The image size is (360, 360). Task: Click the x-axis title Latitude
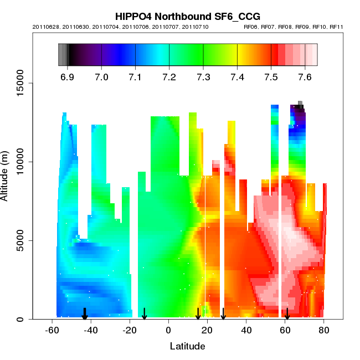[x=187, y=347]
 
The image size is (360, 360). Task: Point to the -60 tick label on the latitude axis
[x=52, y=331]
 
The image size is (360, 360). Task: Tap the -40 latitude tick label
[x=91, y=331]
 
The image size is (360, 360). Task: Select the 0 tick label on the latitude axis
[x=168, y=331]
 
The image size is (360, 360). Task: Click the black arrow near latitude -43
[x=85, y=314]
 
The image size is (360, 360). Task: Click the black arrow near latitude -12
[x=144, y=314]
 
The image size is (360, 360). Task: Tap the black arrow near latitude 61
[x=287, y=314]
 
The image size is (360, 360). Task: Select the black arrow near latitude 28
[x=223, y=314]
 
